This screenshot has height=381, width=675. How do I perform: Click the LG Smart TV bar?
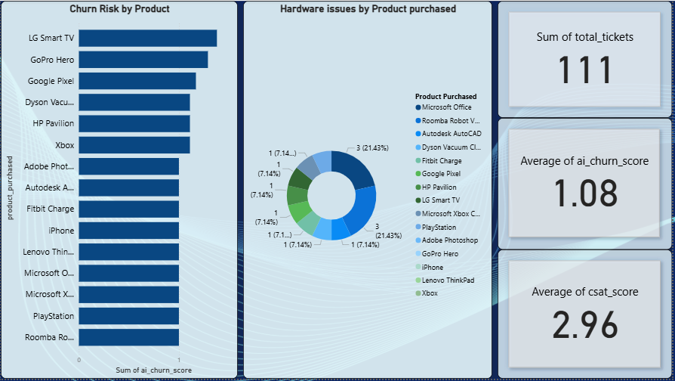click(x=148, y=38)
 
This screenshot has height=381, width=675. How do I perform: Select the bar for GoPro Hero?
click(x=143, y=60)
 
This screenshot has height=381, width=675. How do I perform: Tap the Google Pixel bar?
click(x=137, y=81)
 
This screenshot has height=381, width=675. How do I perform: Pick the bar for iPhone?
click(x=128, y=231)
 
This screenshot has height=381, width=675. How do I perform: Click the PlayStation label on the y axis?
click(x=54, y=316)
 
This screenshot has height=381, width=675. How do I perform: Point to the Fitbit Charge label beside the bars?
click(x=51, y=209)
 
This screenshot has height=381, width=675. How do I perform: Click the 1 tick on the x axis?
click(x=179, y=360)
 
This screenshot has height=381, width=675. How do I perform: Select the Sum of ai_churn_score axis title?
click(x=154, y=370)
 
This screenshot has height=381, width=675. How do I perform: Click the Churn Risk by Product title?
click(x=120, y=8)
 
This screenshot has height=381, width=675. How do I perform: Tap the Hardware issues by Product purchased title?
click(x=368, y=8)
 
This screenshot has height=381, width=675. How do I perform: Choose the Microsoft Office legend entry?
click(x=443, y=107)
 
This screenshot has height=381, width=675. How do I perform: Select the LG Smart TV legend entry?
click(x=438, y=200)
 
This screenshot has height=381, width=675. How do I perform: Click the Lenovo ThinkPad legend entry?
click(x=445, y=280)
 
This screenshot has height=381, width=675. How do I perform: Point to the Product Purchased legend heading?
click(x=446, y=97)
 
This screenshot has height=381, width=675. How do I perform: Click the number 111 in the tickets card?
click(x=584, y=70)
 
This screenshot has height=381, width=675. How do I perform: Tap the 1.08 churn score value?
click(x=584, y=193)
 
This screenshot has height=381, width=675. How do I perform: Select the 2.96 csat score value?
click(x=584, y=324)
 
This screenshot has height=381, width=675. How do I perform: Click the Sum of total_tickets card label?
click(x=584, y=37)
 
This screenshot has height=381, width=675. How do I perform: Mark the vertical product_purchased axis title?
click(x=10, y=188)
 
